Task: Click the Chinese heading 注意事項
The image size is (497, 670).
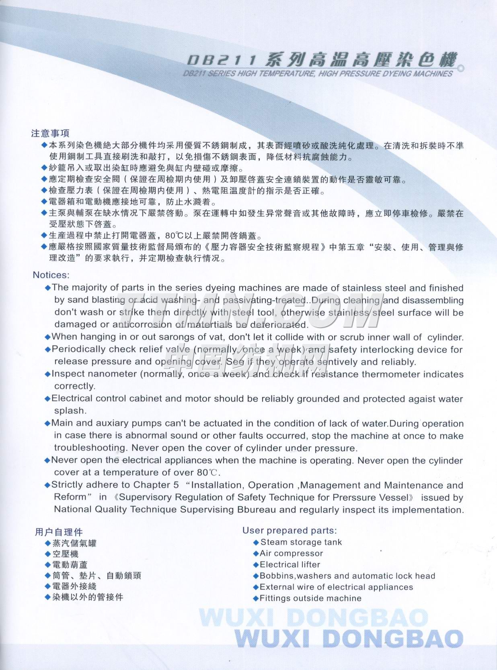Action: click(50, 133)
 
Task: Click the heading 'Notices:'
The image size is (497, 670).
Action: click(51, 275)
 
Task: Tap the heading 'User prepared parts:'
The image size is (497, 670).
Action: click(290, 530)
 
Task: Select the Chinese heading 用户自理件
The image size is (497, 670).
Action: click(59, 532)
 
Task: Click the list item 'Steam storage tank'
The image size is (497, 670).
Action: click(301, 542)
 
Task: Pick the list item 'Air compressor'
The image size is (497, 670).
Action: click(292, 553)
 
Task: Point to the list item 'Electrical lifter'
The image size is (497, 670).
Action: click(290, 564)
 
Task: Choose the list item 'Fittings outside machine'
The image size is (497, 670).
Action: click(310, 598)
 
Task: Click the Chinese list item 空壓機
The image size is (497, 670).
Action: click(66, 554)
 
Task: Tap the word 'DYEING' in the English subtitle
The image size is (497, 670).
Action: click(395, 74)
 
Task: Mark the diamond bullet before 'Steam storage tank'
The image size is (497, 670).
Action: click(256, 542)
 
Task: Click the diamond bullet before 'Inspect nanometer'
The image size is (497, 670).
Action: click(48, 374)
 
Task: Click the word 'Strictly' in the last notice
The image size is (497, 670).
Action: click(67, 485)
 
